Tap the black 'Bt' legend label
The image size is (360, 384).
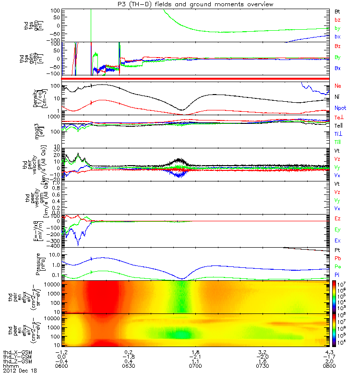(338, 11)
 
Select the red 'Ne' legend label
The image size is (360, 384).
(338, 85)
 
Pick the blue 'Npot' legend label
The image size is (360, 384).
(340, 108)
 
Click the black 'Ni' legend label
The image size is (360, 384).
(337, 97)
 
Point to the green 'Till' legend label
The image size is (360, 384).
(338, 142)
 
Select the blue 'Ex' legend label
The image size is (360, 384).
(338, 240)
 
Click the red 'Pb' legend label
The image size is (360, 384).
(338, 258)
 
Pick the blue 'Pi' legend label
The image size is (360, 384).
(337, 274)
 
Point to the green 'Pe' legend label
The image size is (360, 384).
(338, 266)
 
